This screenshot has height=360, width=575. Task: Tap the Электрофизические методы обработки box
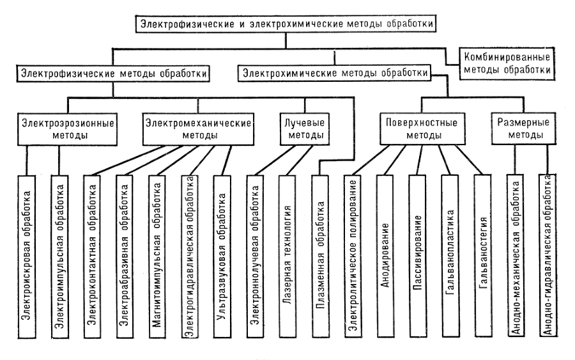114,74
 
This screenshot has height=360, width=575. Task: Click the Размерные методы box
520,128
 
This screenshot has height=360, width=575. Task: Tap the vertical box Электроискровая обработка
26,256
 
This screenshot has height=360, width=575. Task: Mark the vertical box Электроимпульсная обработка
59,256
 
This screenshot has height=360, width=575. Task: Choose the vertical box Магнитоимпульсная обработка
157,256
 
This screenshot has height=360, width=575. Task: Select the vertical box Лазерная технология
288,256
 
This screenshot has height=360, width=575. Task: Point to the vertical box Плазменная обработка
321,256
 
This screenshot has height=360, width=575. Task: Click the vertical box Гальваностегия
484,256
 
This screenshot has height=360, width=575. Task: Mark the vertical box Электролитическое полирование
353,256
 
